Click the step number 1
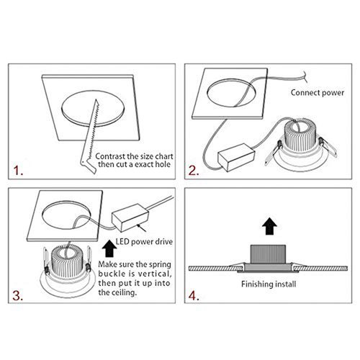[18, 171]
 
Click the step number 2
[194, 171]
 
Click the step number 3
[18, 296]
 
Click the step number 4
[194, 296]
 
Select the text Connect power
[318, 93]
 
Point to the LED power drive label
[144, 242]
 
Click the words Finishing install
[269, 284]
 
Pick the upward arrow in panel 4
[269, 226]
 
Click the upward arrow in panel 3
[109, 248]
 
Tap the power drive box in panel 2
[236, 158]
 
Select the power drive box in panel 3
[130, 217]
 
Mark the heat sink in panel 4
[268, 254]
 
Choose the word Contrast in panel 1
[111, 156]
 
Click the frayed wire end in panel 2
[305, 77]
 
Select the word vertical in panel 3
[154, 274]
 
